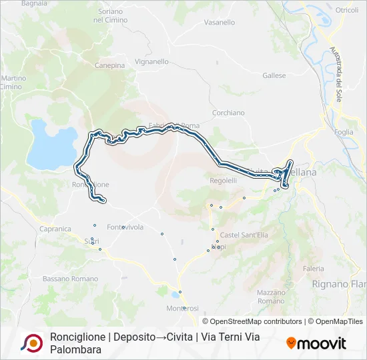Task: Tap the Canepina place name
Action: click(109, 65)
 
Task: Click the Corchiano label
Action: click(228, 113)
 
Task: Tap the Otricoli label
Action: click(346, 11)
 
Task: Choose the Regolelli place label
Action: click(224, 181)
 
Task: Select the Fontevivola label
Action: click(125, 227)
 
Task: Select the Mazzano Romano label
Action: click(271, 297)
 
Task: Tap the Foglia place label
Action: click(344, 132)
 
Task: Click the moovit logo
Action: click(316, 343)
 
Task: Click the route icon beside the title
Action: click(31, 343)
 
